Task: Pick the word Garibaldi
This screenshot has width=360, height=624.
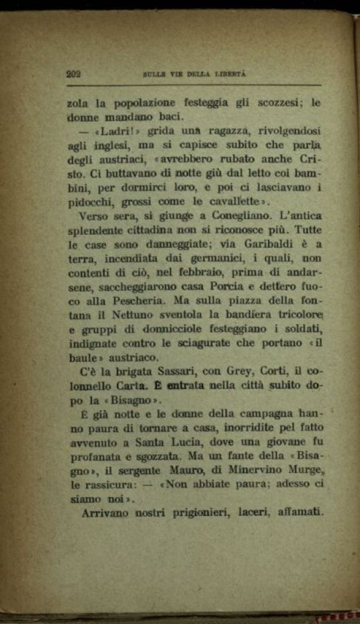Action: point(268,245)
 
